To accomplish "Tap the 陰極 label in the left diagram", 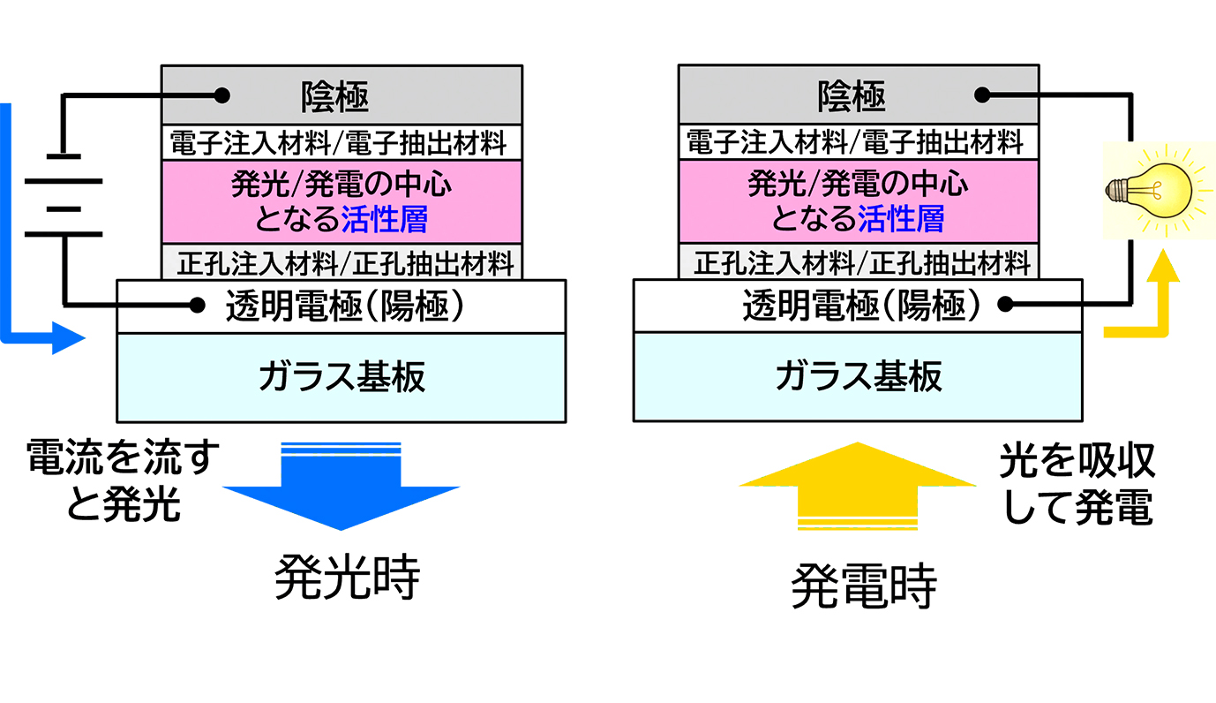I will tap(334, 95).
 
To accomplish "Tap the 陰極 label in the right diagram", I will tap(852, 95).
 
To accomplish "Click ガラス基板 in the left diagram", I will tap(342, 377).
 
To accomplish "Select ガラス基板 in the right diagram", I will tap(859, 377).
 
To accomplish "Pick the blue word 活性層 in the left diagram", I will tap(385, 218).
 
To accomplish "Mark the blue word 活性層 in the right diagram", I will tap(901, 218).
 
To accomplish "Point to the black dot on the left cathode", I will tap(221, 94).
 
